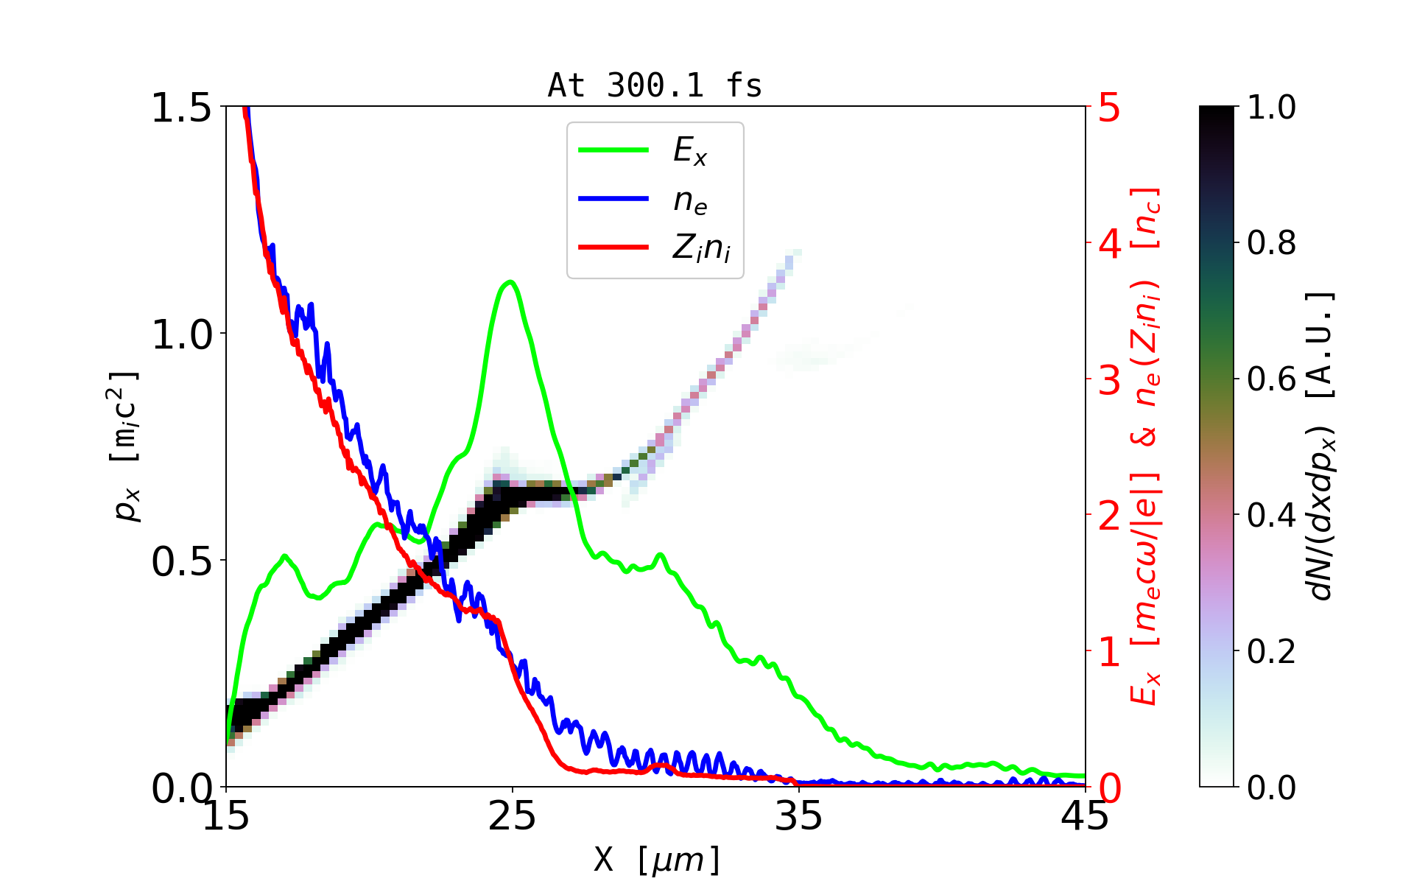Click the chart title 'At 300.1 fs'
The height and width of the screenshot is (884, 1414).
coord(655,85)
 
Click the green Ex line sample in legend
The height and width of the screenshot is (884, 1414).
coord(613,150)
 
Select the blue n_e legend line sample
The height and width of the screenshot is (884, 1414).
coord(613,199)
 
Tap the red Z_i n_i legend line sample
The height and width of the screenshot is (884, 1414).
coord(613,247)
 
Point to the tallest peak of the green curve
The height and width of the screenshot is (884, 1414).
coord(510,282)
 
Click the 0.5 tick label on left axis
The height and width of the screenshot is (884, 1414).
coord(181,562)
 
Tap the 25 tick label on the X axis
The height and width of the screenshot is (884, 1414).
coord(513,816)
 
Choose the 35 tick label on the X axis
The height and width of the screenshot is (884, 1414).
coord(799,816)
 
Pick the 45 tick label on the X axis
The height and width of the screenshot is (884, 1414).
coord(1086,816)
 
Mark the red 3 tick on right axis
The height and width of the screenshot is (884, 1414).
coord(1110,380)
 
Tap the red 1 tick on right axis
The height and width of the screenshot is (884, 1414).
coord(1110,652)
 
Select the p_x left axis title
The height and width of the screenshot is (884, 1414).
coord(126,446)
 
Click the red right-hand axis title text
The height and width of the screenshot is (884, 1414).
coord(1146,446)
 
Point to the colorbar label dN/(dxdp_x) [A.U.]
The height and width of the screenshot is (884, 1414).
coord(1321,446)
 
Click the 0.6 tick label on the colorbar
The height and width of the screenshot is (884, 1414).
coord(1271,380)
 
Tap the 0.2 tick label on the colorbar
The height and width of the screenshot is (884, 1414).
coord(1271,652)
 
